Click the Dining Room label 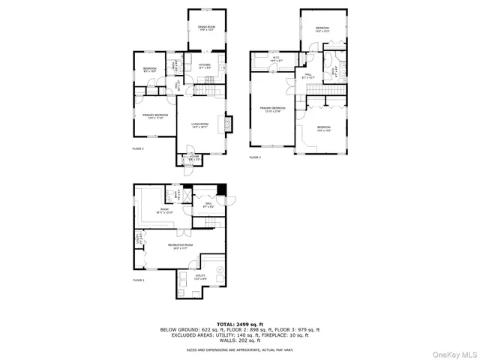tap(206, 28)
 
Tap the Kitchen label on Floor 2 tap(205, 66)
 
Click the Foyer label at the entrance tap(194, 158)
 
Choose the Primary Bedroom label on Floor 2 tap(155, 116)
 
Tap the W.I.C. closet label tap(275, 59)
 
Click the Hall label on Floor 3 tap(308, 76)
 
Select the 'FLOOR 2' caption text tap(138, 149)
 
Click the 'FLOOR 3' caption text tap(255, 157)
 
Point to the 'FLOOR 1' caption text tap(138, 280)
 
